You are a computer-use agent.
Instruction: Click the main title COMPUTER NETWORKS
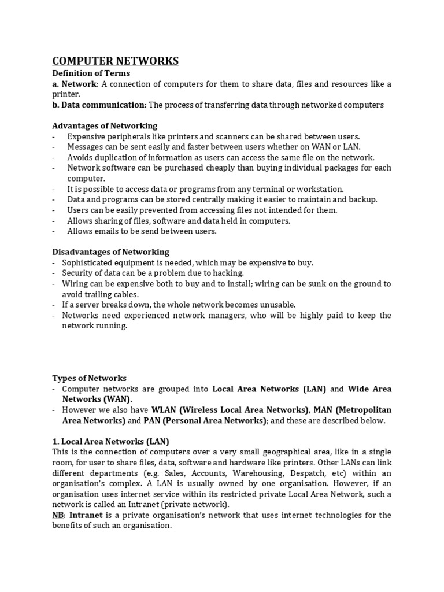pos(116,61)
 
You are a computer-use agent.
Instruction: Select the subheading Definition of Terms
pos(91,73)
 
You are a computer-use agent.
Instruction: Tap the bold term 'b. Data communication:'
pos(99,105)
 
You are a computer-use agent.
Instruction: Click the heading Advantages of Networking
pos(105,125)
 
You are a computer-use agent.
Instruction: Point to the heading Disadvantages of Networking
pos(110,251)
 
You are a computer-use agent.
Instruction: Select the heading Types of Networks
pos(89,378)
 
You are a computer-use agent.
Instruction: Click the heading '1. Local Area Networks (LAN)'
pos(110,441)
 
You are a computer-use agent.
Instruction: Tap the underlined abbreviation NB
pos(58,515)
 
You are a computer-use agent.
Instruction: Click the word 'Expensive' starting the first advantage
pos(86,136)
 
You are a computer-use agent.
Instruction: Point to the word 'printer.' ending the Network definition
pos(66,94)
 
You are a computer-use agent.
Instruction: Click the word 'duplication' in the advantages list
pos(113,157)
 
